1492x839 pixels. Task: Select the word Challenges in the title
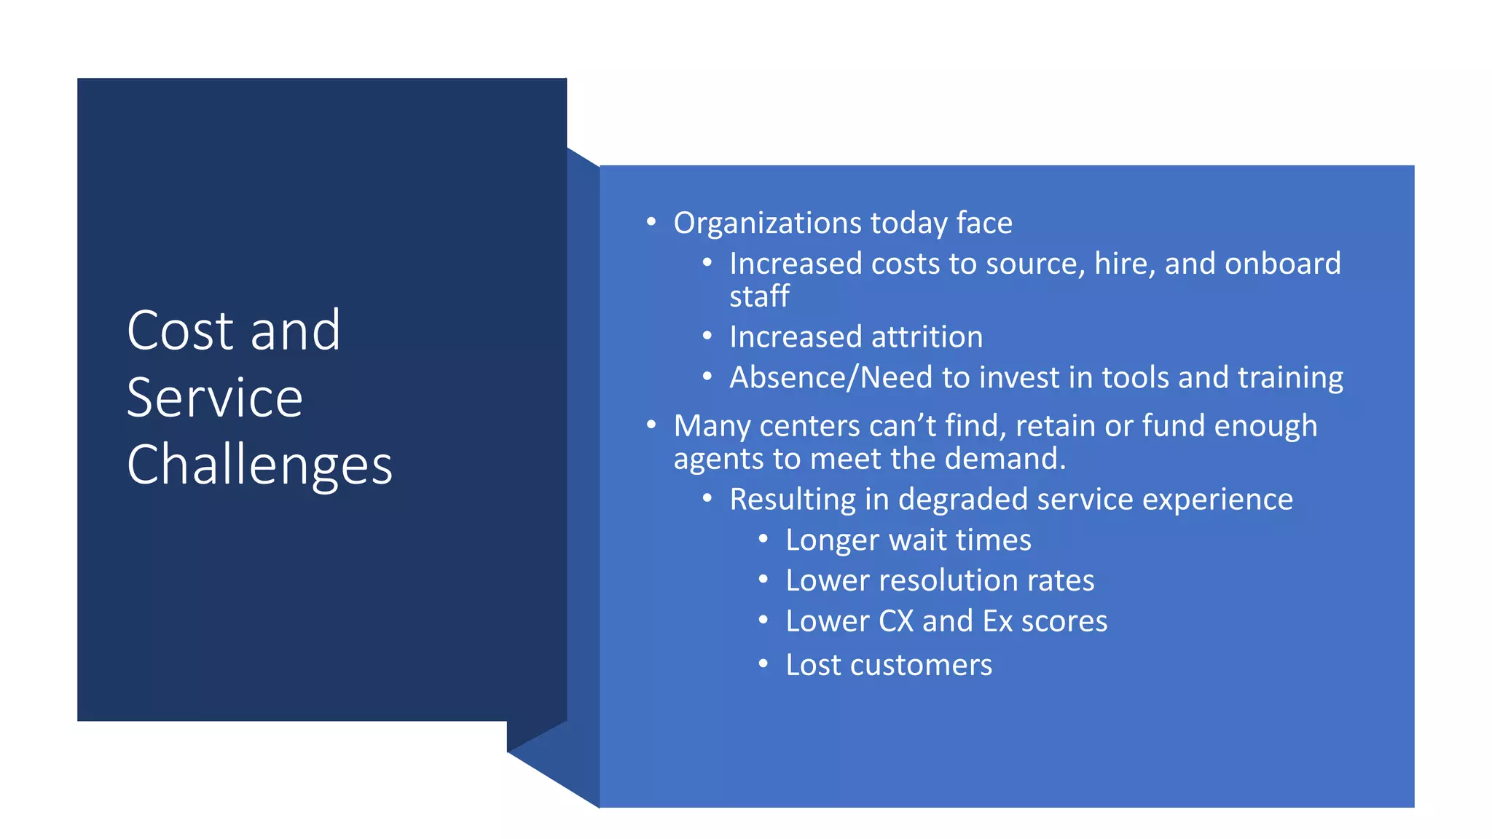coord(259,465)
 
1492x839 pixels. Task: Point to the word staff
coord(759,296)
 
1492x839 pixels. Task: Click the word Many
coord(712,426)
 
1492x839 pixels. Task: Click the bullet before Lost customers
coord(763,664)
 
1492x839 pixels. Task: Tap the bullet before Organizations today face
coord(651,221)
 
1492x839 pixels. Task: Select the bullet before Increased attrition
coord(707,336)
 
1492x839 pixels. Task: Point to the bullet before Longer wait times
coord(763,540)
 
